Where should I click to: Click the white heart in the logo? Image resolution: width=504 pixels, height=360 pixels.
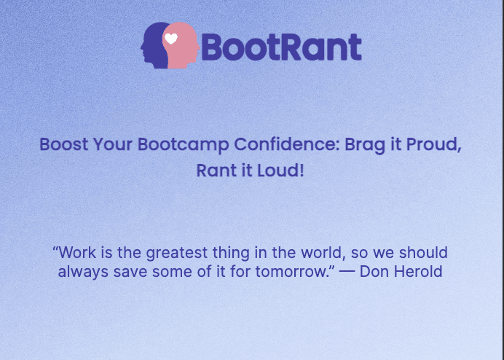171,39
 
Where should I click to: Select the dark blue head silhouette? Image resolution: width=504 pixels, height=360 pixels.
154,47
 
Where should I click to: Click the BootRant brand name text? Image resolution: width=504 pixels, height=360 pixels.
281,47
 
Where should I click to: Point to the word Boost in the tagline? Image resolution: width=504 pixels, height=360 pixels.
63,144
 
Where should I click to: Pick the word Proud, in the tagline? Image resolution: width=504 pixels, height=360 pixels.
435,144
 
